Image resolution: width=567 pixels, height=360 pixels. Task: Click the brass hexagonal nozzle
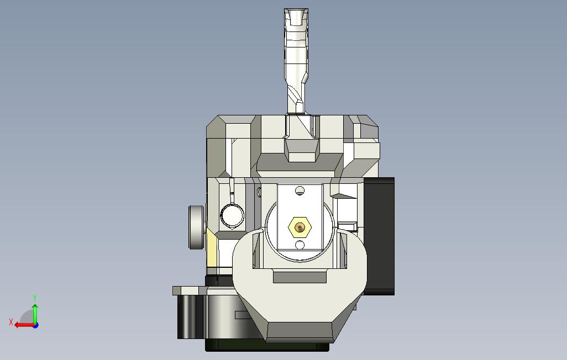300,226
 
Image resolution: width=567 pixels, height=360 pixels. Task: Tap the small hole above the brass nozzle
300,191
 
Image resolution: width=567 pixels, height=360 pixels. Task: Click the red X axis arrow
22,325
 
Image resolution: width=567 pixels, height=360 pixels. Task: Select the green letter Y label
35,298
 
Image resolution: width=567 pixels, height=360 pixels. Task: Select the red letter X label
11,322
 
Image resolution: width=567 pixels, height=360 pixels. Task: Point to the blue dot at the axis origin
35,325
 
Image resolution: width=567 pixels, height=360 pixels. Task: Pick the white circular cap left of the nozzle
232,215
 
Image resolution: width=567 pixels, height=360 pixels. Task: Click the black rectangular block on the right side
380,235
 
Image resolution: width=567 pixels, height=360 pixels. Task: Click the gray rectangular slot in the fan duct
300,277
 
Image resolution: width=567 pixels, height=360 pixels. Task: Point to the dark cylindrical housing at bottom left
188,316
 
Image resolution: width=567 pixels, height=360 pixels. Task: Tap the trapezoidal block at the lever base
302,150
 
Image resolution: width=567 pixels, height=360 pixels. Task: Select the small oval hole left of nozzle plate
259,192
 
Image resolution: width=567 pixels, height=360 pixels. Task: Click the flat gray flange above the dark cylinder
188,290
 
